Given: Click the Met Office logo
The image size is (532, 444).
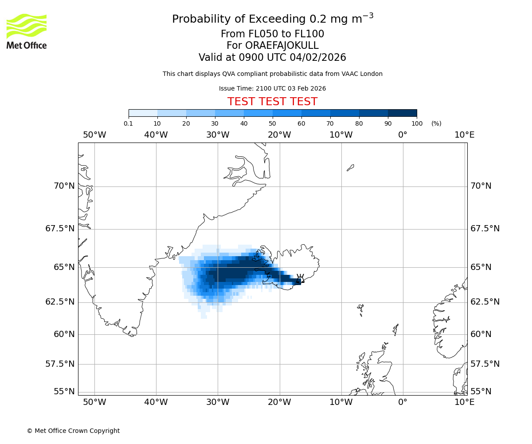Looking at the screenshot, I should click(x=27, y=31).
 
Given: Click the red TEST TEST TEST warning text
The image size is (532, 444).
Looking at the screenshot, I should click(x=272, y=102).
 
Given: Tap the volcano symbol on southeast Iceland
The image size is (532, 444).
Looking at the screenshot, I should click(x=300, y=279).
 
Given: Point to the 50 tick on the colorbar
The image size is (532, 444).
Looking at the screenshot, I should click(x=272, y=123).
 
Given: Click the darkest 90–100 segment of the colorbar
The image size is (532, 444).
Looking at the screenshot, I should click(x=402, y=113).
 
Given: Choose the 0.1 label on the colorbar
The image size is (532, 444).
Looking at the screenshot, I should click(x=129, y=123).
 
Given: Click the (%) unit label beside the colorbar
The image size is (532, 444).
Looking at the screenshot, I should click(x=436, y=123).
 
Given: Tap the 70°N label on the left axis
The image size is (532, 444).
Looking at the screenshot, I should click(x=64, y=186).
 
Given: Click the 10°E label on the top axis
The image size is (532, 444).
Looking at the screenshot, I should click(x=464, y=135).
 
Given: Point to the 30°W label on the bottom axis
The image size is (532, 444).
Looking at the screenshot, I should click(x=217, y=402).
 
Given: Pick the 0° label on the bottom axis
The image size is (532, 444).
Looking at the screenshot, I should click(x=403, y=402).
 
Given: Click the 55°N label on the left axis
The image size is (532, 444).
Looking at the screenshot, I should click(x=64, y=392).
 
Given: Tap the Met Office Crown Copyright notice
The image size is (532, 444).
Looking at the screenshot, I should click(x=73, y=431).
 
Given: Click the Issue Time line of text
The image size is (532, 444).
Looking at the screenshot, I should click(x=272, y=88).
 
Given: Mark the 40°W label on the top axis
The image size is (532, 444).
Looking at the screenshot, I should click(x=156, y=135).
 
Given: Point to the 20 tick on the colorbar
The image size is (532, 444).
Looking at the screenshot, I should click(x=186, y=123).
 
